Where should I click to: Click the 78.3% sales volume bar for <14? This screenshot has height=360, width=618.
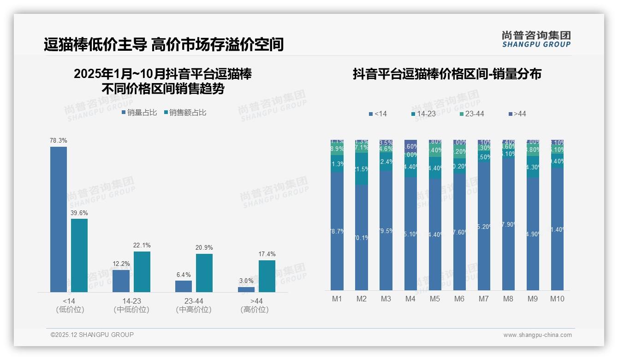(x=59, y=219)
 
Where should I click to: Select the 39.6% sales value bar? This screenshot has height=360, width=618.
(x=79, y=255)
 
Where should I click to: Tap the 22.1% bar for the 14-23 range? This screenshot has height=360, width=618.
(x=142, y=271)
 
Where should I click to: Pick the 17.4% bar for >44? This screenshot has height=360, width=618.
(x=267, y=276)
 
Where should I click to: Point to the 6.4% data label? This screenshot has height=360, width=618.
(x=184, y=275)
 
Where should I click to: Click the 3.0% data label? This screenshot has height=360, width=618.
(x=246, y=281)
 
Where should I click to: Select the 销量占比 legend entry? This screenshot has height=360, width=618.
(x=139, y=113)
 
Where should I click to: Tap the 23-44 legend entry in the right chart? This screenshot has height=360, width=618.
(x=471, y=114)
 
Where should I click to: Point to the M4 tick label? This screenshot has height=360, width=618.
(x=410, y=299)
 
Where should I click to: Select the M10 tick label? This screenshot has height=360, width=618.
(x=557, y=299)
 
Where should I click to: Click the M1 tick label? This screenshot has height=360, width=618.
(x=337, y=299)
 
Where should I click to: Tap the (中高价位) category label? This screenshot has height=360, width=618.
(x=194, y=310)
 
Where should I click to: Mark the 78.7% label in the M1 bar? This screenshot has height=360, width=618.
(x=337, y=232)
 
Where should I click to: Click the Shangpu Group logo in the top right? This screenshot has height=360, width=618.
(x=536, y=39)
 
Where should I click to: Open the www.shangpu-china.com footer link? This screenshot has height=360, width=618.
(x=537, y=335)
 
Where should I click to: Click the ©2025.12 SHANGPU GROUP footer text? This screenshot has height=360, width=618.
(x=92, y=335)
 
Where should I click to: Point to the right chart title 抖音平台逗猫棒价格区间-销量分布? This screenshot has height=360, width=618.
(x=447, y=74)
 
